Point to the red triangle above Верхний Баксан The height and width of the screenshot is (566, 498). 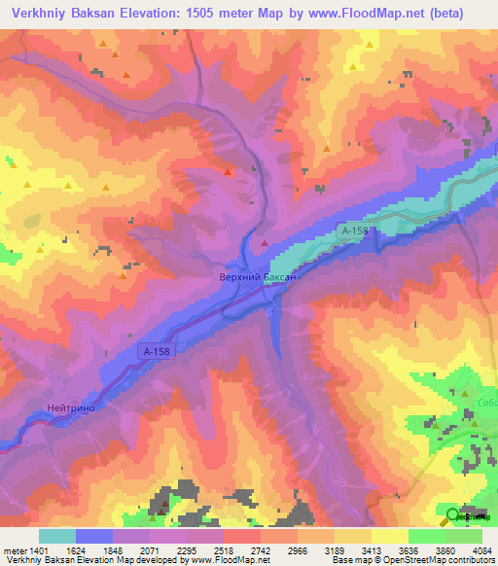(264, 241)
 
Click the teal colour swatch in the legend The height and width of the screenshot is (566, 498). (57, 536)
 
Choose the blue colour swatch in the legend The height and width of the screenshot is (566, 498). (94, 536)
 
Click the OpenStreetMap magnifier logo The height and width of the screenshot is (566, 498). (450, 515)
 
